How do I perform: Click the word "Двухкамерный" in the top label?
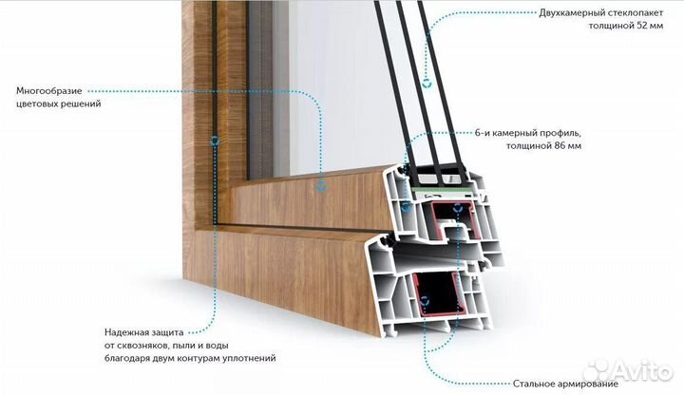coord(568,12)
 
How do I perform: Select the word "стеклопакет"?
coord(632,12)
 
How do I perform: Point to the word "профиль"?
coord(560,133)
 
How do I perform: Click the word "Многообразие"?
coord(49,91)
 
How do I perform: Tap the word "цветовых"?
coord(37,103)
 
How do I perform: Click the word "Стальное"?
coord(532,385)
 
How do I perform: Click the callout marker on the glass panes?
coord(427,83)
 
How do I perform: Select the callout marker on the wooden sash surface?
coord(321,187)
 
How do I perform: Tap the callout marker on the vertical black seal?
coord(214,141)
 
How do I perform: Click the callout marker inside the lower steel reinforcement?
coord(424,299)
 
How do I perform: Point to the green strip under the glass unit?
coord(441,191)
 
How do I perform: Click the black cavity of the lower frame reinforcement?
coord(436,292)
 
